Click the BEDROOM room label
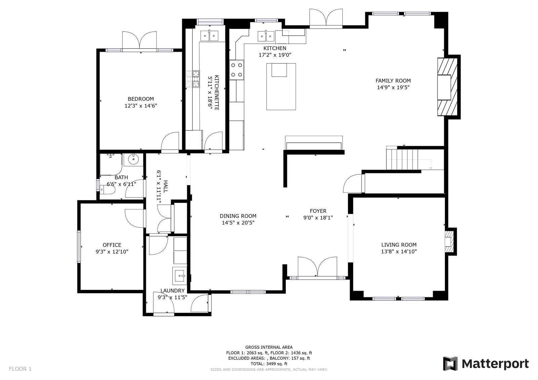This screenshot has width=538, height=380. (141, 99)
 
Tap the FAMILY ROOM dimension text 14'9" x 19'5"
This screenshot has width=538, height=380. (393, 87)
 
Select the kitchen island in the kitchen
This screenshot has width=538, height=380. (281, 87)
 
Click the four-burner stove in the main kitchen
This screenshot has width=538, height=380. (237, 70)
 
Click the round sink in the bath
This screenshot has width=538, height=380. (133, 159)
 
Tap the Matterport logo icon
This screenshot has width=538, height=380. (450, 364)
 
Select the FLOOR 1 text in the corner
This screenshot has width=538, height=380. (20, 369)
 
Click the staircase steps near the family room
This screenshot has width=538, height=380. (402, 159)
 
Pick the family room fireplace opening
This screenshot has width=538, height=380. (444, 87)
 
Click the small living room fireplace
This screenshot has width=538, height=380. (449, 242)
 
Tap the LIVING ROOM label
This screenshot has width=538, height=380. (399, 245)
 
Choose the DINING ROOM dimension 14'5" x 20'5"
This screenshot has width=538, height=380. (238, 222)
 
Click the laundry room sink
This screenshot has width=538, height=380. (180, 276)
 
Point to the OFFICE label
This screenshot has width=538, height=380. (112, 245)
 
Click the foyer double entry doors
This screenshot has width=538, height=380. (317, 267)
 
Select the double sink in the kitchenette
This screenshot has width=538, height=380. (209, 36)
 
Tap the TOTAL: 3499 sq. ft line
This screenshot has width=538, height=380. (269, 364)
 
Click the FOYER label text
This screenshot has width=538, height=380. (318, 211)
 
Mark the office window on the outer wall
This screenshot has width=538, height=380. (79, 246)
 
